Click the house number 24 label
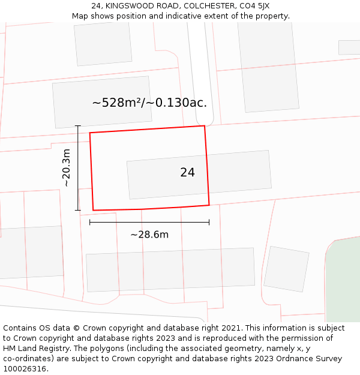(187, 172)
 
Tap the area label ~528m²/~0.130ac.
(149, 103)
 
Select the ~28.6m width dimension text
(149, 235)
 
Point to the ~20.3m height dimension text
(67, 168)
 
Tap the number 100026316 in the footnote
(25, 369)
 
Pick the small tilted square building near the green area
(286, 269)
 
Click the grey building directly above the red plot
(102, 101)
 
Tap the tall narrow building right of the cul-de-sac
(268, 66)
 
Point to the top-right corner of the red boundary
(205, 126)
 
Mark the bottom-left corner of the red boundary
(93, 210)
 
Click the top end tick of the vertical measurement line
(78, 126)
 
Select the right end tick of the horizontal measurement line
(209, 223)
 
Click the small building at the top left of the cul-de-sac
(103, 43)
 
